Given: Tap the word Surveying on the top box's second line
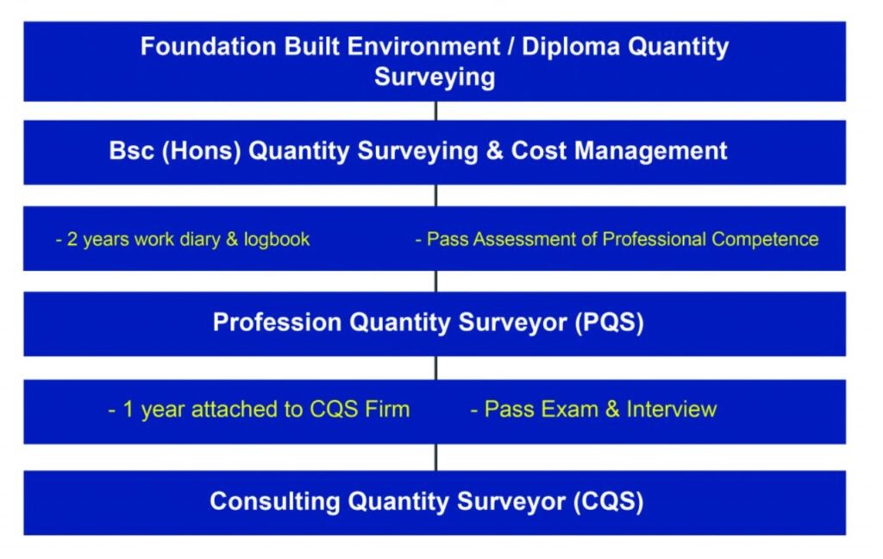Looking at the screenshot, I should pyautogui.click(x=435, y=77).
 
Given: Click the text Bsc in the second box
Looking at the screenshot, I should pyautogui.click(x=128, y=151).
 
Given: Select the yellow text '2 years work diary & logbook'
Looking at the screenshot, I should pyautogui.click(x=182, y=239).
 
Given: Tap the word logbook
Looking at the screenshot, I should pyautogui.click(x=276, y=239).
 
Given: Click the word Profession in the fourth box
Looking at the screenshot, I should pyautogui.click(x=277, y=323).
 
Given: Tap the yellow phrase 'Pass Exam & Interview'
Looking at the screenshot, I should pyautogui.click(x=594, y=409).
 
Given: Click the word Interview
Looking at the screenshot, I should pyautogui.click(x=672, y=409).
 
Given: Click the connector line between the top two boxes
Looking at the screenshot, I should pyautogui.click(x=435, y=110).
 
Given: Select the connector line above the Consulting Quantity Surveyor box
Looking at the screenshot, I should pyautogui.click(x=435, y=457).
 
